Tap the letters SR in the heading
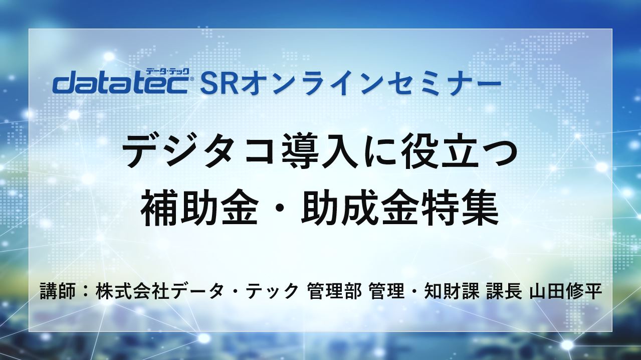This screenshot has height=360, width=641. coord(220,84)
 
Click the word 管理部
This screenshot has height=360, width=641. coord(334,291)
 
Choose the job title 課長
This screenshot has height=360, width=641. coord(501,291)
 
